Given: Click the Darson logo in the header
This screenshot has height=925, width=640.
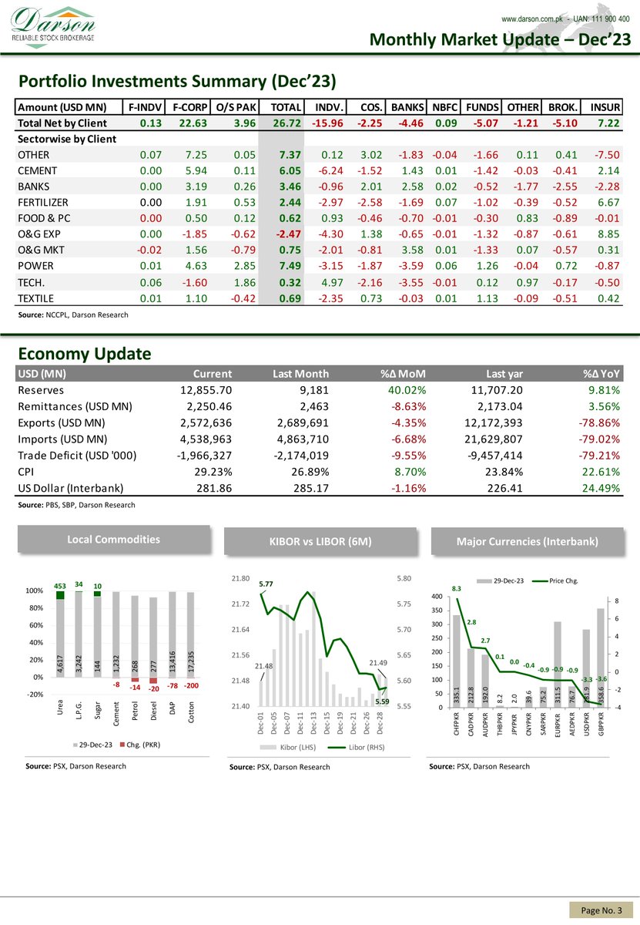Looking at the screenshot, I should [x=52, y=25].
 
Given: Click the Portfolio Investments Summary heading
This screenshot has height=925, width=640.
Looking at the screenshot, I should [x=178, y=81].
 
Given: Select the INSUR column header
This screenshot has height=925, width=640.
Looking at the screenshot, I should [x=605, y=107].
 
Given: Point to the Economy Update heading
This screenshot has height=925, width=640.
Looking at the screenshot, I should [x=85, y=354].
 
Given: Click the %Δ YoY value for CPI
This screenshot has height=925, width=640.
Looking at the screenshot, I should [x=605, y=472].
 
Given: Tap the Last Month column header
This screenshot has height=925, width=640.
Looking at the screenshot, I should [x=301, y=374].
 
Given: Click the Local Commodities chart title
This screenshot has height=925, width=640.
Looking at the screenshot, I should [x=114, y=540].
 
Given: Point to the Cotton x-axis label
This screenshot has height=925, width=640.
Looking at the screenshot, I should [x=191, y=712].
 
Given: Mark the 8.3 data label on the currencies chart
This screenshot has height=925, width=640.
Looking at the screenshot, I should [x=456, y=589].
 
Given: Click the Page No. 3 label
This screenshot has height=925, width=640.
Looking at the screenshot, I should [x=601, y=911].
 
